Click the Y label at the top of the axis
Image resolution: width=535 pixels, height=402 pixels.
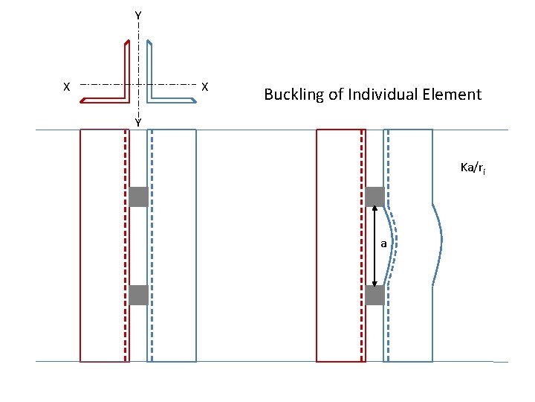pos(138,15)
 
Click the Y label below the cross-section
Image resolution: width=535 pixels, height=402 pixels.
pos(138,122)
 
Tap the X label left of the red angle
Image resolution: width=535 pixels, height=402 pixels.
pos(66,87)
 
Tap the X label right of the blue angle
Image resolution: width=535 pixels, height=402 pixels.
pos(205,87)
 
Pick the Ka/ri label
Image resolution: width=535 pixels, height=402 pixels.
pos(473,168)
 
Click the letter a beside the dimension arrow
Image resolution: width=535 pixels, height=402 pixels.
pos(383,243)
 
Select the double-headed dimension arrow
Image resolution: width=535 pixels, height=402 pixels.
pos(374,246)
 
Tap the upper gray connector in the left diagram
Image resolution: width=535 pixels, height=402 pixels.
pos(138,197)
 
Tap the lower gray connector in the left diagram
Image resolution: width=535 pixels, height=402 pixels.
pos(138,295)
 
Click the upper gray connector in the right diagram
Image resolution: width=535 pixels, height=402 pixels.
pos(374,197)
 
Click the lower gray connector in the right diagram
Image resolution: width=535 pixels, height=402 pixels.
pos(374,295)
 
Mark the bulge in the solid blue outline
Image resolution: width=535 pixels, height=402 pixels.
pos(440,242)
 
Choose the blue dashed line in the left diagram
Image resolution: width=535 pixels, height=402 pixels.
pos(151,246)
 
